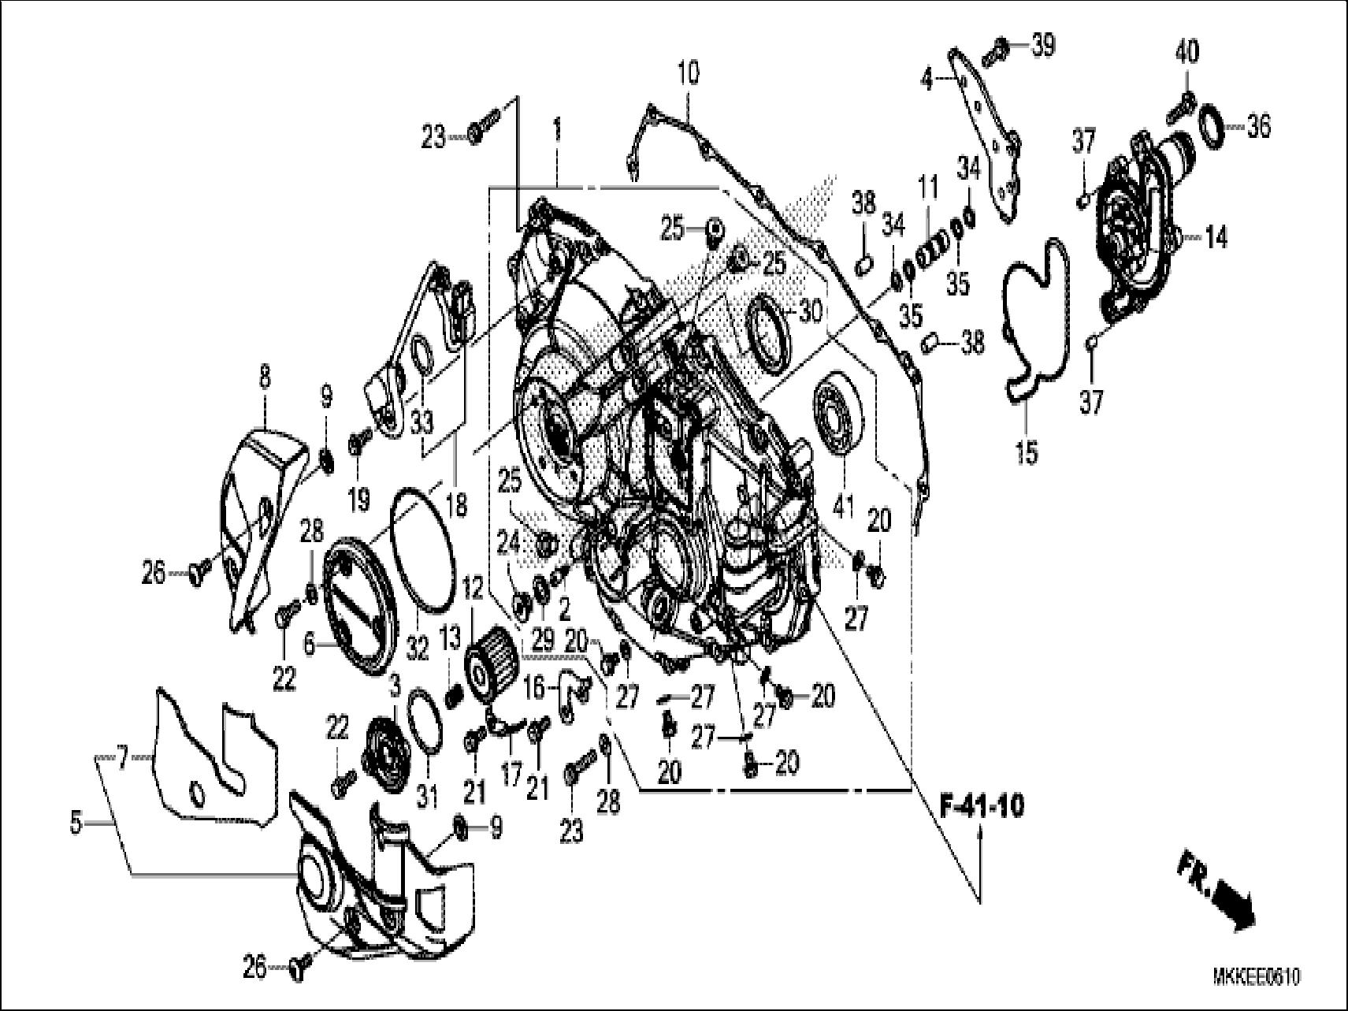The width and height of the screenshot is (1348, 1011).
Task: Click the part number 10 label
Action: pyautogui.click(x=687, y=74)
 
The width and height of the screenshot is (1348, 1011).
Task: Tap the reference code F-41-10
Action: pyautogui.click(x=982, y=808)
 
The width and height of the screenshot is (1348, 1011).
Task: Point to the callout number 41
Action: pyautogui.click(x=842, y=507)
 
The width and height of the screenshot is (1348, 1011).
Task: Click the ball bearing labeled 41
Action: pyautogui.click(x=838, y=416)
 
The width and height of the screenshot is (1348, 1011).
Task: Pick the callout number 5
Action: pyautogui.click(x=76, y=823)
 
